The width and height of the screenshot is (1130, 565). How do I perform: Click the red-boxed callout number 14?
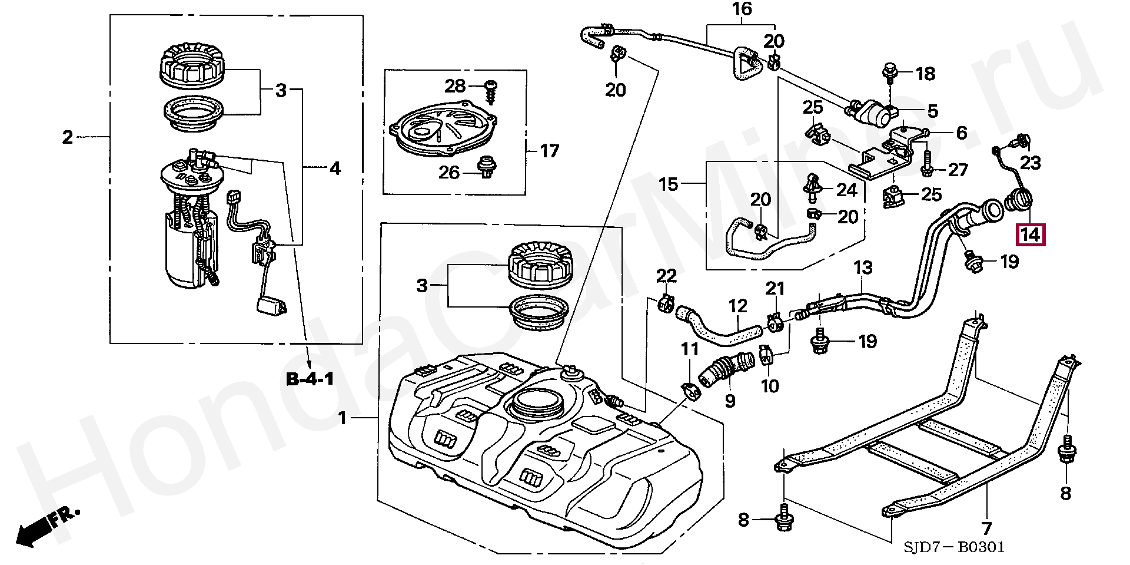(1030, 234)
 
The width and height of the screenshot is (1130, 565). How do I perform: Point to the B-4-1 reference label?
(310, 379)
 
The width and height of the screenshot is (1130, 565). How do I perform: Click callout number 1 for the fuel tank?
(343, 418)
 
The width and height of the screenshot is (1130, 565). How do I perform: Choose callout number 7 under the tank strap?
(986, 528)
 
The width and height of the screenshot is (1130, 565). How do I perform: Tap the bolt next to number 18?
(890, 74)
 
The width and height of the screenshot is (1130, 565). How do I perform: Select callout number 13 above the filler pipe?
(863, 268)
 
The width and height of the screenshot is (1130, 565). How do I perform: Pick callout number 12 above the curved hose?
(737, 306)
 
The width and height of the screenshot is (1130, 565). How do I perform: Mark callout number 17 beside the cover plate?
(549, 151)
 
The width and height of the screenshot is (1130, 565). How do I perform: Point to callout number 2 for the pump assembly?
(68, 137)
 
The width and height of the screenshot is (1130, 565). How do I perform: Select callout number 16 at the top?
(742, 9)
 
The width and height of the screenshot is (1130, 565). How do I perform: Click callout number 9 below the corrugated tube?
(730, 401)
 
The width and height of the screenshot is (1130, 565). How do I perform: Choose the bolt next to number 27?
(926, 164)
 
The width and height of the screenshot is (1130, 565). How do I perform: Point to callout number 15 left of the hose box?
(668, 184)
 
